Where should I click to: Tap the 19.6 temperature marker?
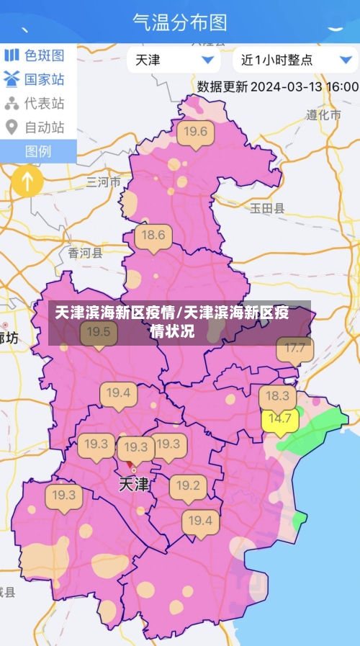pos(195,133)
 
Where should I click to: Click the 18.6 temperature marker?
pos(153,236)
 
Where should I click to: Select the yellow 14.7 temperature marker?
pos(280,419)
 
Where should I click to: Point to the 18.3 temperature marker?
pos(277,396)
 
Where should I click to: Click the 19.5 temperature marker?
pos(99,332)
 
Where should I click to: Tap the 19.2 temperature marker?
pos(188,485)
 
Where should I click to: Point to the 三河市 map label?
pos(104,181)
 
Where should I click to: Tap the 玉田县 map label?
pos(267,208)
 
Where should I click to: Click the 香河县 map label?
pos(85,253)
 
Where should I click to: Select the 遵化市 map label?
pos(323,115)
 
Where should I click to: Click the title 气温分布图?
pos(180,22)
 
